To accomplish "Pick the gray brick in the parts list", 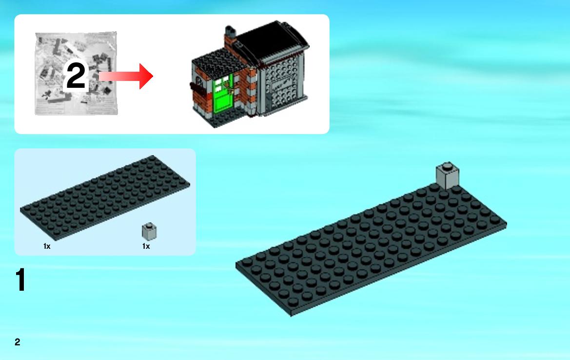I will click(x=149, y=232).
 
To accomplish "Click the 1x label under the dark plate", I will click(x=47, y=246).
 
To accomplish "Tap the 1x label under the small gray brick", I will click(x=146, y=246).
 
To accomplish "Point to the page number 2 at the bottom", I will click(x=18, y=342).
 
